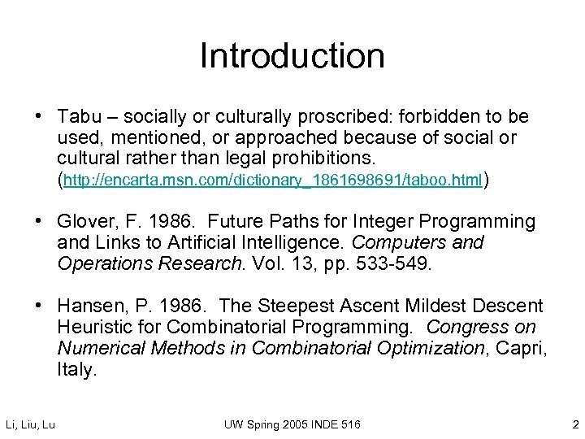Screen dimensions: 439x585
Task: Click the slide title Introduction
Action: tap(292, 56)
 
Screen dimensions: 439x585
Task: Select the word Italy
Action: tap(76, 370)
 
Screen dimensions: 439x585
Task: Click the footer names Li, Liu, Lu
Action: tap(30, 424)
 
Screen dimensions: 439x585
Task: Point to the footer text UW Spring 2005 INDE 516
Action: tap(293, 424)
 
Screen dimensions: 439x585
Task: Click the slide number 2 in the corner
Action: tap(574, 424)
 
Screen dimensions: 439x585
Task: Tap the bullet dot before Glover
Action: tap(39, 221)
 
